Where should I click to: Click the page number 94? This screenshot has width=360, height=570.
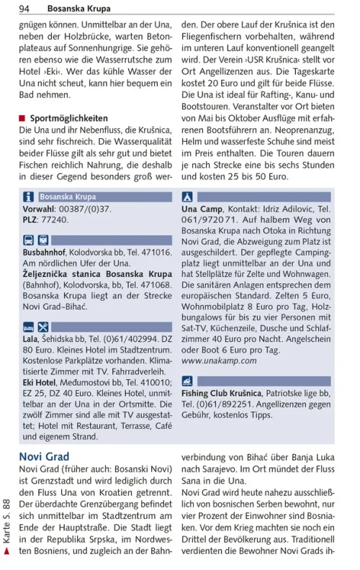tap(24, 9)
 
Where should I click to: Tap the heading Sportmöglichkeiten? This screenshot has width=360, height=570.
tap(69, 118)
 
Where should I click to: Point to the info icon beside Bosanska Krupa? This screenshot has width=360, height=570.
tap(29, 196)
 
